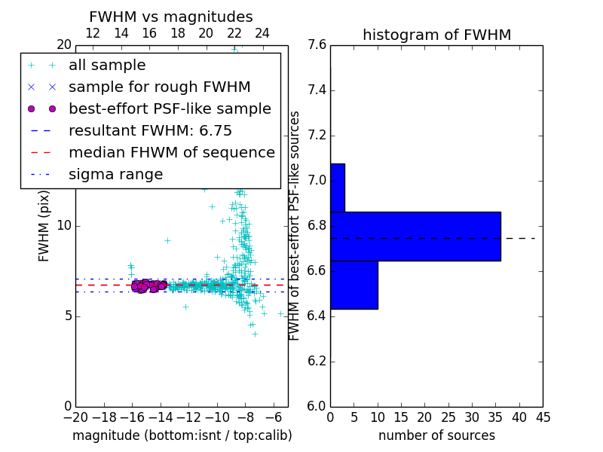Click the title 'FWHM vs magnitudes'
(170, 17)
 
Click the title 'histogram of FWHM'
(436, 35)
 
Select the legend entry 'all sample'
(107, 66)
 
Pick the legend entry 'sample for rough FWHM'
(159, 87)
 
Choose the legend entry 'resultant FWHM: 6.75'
(150, 131)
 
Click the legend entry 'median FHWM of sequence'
(171, 153)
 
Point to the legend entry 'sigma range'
(115, 175)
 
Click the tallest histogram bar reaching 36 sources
(415, 236)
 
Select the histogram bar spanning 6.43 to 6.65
(354, 284)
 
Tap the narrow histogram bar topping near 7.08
(337, 188)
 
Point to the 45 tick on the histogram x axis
(542, 417)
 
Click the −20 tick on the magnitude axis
(75, 417)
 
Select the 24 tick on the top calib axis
(262, 33)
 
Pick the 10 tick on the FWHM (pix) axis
(63, 226)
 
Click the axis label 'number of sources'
(436, 435)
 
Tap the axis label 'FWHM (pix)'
(44, 225)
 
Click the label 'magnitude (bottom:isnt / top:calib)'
(182, 435)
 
